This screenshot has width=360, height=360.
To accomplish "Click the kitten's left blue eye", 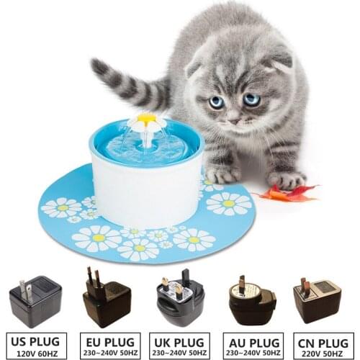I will (217, 102).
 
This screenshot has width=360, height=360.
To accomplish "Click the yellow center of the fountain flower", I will (147, 118).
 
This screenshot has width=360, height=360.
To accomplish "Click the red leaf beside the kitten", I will (292, 192).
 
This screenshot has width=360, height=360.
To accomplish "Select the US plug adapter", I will (35, 300).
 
